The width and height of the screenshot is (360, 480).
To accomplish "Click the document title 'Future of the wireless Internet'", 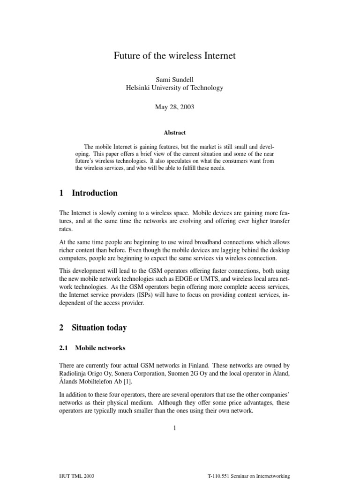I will click(x=174, y=56).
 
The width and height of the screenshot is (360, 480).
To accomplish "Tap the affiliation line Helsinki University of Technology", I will click(x=174, y=88).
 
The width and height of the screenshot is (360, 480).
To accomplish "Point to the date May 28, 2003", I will click(x=174, y=107).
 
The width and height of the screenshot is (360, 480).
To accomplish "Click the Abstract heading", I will click(x=174, y=133).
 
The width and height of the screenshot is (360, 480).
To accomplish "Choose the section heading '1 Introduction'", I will click(x=89, y=193).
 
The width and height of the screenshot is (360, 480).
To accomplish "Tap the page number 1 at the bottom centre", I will click(x=174, y=427).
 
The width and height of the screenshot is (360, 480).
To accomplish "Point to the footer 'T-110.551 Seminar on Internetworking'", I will click(x=248, y=475).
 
